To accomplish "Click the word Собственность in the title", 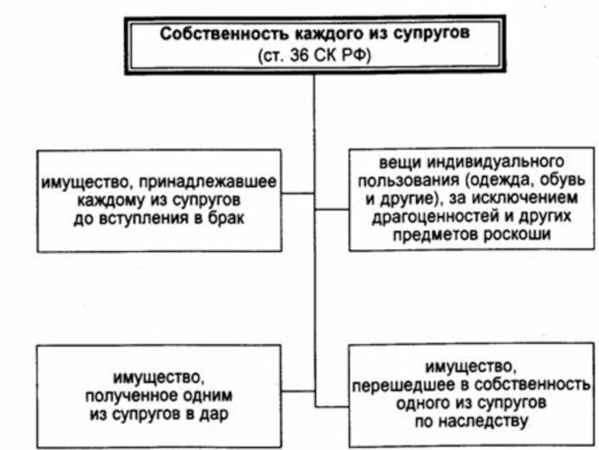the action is click(225, 34).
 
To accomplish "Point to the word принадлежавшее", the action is click(207, 182).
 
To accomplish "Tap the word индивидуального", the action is click(495, 162).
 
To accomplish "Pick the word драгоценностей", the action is click(436, 217).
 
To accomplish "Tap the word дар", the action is click(214, 415).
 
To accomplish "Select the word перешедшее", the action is click(404, 385).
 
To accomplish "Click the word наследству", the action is click(483, 421).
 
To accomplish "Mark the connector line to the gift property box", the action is click(298, 391).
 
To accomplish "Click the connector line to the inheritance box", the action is click(332, 406).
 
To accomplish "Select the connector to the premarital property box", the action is click(298, 193).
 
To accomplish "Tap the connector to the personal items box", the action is click(332, 209).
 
